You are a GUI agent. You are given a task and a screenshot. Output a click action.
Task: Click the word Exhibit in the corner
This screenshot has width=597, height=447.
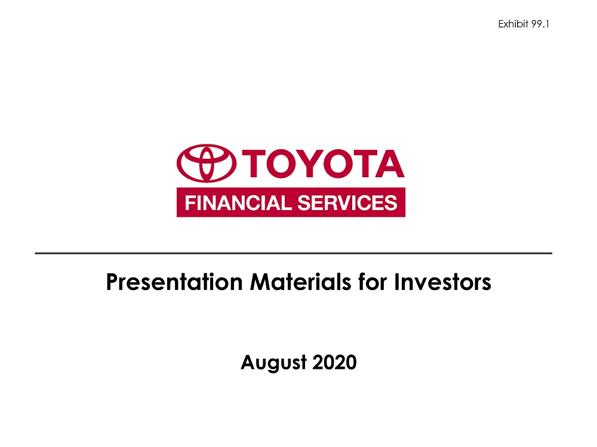click(513, 24)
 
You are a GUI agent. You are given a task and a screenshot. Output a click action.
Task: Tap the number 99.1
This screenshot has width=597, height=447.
click(540, 24)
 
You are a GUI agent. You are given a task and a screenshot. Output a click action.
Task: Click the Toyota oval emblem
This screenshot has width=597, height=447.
click(207, 163)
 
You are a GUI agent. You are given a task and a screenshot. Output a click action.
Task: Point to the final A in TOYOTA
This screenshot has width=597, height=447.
click(389, 164)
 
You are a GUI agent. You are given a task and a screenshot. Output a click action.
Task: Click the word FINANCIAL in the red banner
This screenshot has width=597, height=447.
click(238, 202)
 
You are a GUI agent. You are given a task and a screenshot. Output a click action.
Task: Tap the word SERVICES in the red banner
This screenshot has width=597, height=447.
click(347, 202)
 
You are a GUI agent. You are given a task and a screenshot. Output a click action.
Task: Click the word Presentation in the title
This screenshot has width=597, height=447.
click(174, 282)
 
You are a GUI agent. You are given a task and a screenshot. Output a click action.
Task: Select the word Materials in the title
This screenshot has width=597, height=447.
click(300, 282)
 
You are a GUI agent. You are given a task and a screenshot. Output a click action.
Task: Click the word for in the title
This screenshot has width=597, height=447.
click(373, 282)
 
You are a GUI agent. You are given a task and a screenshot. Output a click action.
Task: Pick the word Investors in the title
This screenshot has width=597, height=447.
click(442, 282)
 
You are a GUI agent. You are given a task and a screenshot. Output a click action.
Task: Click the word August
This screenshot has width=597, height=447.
click(274, 362)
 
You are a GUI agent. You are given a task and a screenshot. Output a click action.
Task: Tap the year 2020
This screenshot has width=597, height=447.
click(335, 362)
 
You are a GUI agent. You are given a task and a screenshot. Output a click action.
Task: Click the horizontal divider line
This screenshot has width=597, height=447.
click(294, 253)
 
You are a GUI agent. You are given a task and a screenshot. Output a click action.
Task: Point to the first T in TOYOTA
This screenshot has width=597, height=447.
click(254, 164)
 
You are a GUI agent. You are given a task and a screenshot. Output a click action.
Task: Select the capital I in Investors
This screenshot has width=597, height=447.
click(397, 282)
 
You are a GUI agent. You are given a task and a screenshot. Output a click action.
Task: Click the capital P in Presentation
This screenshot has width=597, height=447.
click(112, 282)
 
